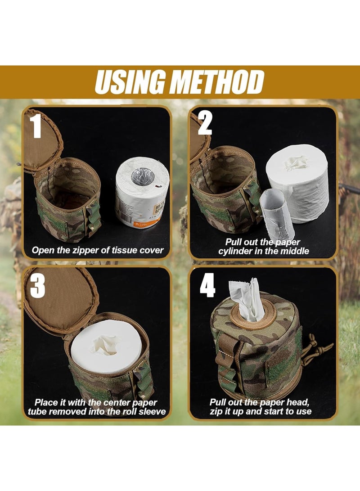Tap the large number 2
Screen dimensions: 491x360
point(205,122)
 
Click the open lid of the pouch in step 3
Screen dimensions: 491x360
point(58,299)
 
